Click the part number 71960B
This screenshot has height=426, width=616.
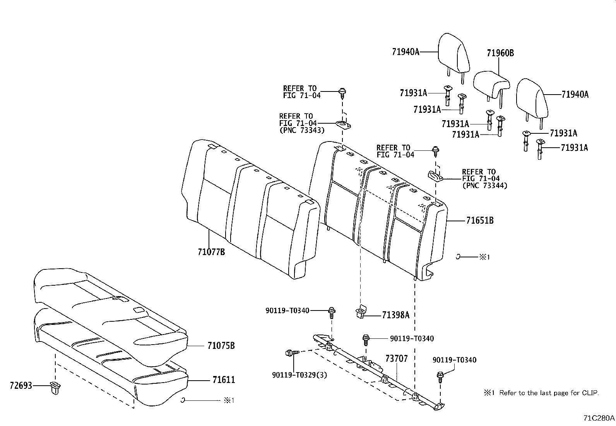click(500, 53)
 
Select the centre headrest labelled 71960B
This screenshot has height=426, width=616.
click(491, 82)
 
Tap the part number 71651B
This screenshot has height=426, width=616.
click(479, 221)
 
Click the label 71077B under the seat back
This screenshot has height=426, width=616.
click(211, 252)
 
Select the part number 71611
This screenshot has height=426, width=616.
click(223, 380)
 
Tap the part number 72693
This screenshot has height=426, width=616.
click(21, 386)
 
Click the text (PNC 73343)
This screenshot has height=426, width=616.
click(302, 130)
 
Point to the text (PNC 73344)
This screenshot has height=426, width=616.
click(484, 186)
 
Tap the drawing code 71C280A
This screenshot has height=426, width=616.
click(599, 418)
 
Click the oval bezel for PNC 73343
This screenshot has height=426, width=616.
click(343, 125)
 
